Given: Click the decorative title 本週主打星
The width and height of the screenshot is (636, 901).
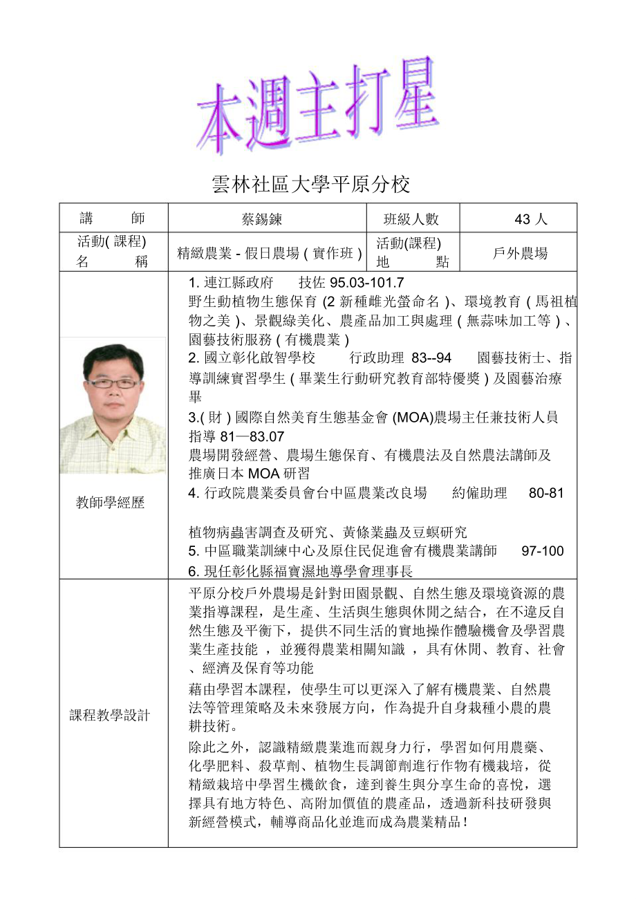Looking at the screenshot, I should click(x=318, y=107).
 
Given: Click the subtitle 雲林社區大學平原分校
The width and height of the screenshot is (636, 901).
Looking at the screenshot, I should click(x=310, y=185).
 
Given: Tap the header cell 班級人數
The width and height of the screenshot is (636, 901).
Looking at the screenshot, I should click(x=411, y=219).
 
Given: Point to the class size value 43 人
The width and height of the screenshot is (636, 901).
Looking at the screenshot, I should click(x=531, y=219).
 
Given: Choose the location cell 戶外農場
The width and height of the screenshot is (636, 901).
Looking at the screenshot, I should click(x=520, y=253).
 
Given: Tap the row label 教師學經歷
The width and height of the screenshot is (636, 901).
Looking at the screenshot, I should click(x=111, y=503).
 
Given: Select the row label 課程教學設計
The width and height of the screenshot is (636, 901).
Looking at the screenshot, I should click(x=110, y=716).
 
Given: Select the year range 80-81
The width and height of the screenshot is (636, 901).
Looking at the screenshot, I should click(x=546, y=493).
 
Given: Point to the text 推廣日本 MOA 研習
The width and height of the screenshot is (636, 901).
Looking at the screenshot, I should click(x=249, y=474).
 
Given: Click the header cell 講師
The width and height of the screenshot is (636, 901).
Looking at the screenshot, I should click(x=113, y=219).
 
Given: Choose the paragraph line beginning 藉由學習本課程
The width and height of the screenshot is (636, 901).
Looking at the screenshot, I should click(x=369, y=689).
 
